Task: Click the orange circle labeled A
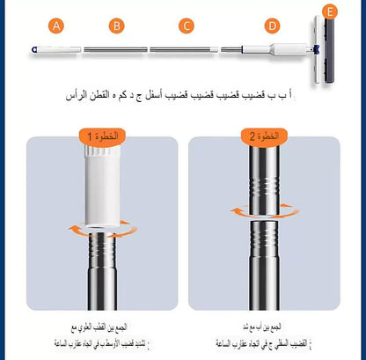tap(56, 26)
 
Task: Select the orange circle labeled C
tap(186, 26)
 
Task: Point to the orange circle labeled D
tap(272, 26)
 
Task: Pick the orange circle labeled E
tap(330, 12)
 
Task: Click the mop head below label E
tap(326, 53)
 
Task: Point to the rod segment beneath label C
tap(186, 49)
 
